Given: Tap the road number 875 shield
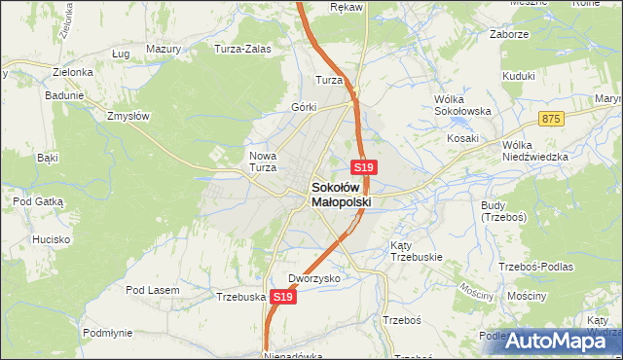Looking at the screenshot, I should point(553,118).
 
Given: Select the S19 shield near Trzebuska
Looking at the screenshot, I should point(282,297).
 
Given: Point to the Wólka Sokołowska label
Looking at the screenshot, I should point(461,105).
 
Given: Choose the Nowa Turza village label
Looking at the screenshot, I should point(264,161).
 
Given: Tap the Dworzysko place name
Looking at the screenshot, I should point(313,278).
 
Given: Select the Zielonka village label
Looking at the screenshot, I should point(73,72).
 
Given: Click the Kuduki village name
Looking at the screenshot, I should point(520,76).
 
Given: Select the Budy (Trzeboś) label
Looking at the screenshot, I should point(503,211).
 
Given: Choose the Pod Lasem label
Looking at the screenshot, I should point(152,289).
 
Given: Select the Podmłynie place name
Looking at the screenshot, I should point(107,332).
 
